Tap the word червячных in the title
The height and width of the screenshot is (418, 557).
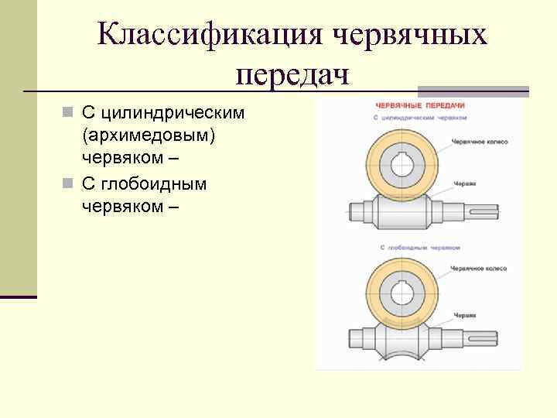(410, 36)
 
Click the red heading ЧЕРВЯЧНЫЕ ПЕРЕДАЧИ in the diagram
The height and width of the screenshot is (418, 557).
(419, 104)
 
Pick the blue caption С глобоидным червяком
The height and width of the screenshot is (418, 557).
(420, 248)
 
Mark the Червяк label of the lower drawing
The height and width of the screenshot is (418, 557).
(464, 316)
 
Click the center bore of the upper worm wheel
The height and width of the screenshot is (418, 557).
(402, 166)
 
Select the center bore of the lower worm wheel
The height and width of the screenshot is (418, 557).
(402, 296)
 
